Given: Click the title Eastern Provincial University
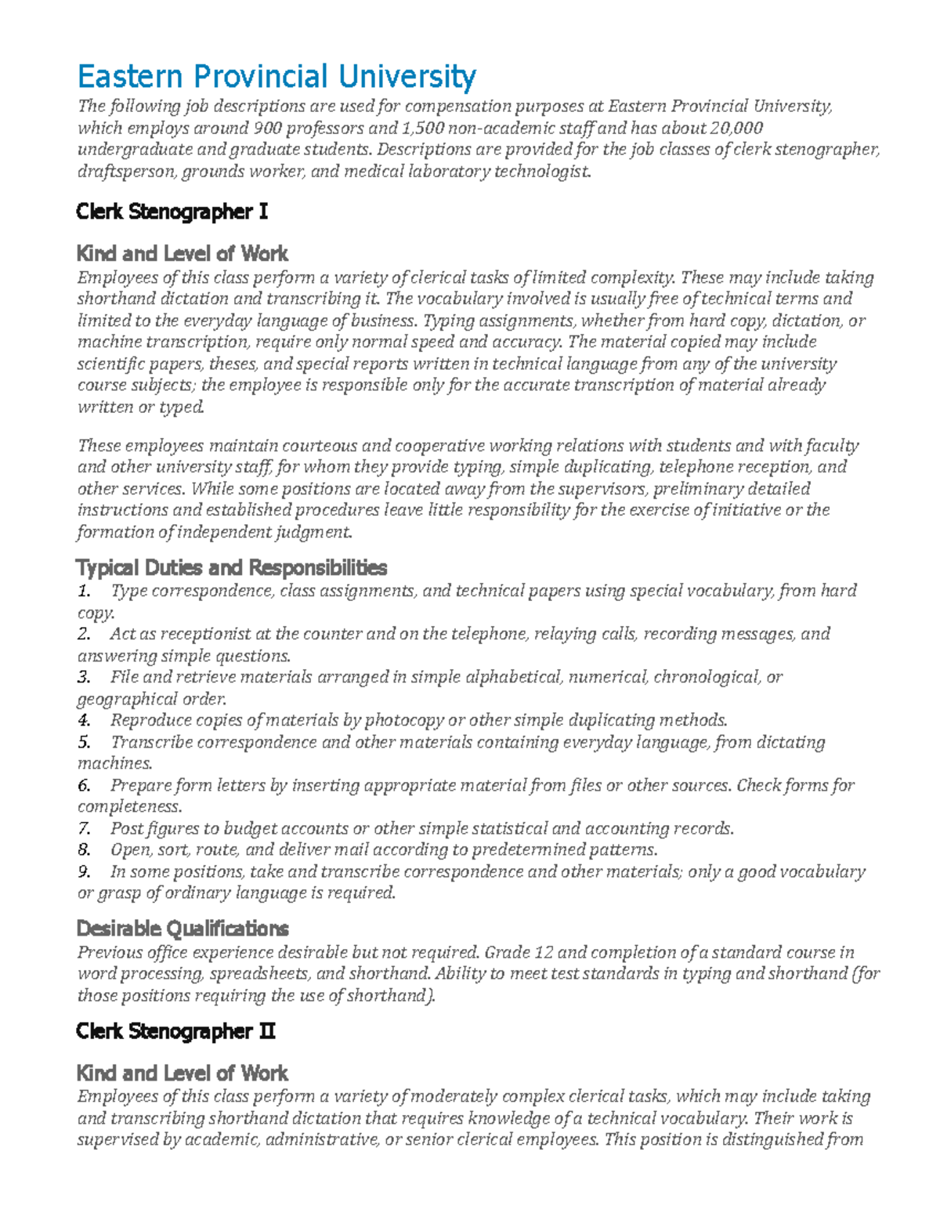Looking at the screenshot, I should pos(276,77).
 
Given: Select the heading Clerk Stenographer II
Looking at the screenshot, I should pos(175,1031).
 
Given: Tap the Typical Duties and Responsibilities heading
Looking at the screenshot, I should pos(231,567).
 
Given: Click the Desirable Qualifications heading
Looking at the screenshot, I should pos(182,929).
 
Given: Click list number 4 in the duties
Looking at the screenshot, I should pos(83,720).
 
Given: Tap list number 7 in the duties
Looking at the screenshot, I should pos(83,828).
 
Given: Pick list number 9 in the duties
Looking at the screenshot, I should pos(83,871).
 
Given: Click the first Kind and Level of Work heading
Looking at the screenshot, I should pos(182,254).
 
